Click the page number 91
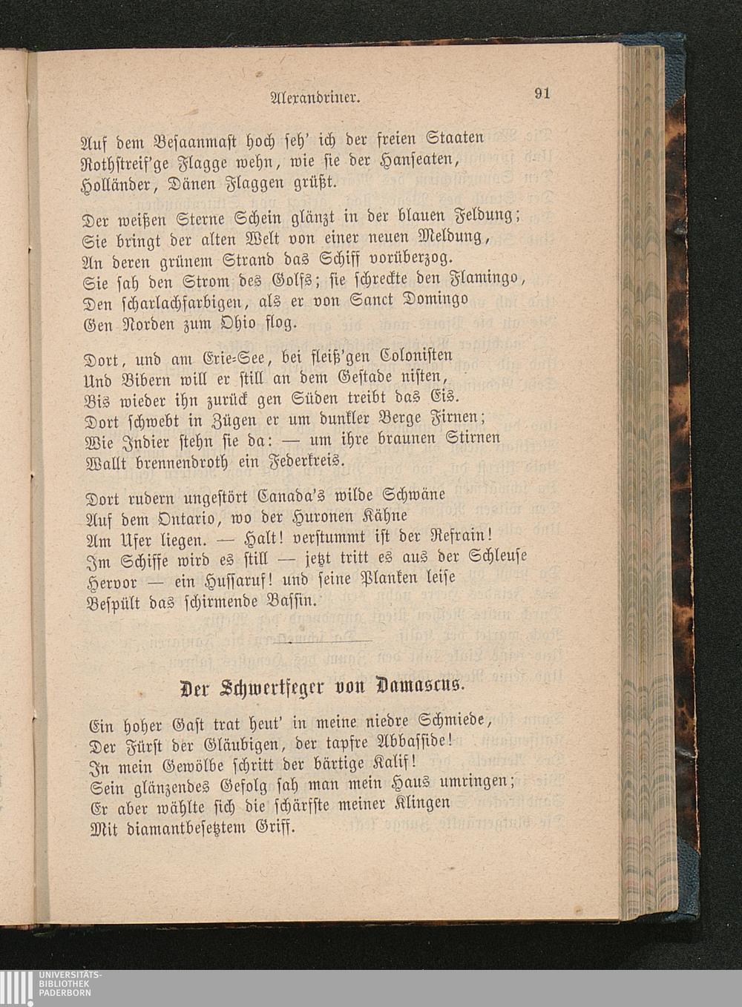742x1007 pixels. [542, 93]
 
